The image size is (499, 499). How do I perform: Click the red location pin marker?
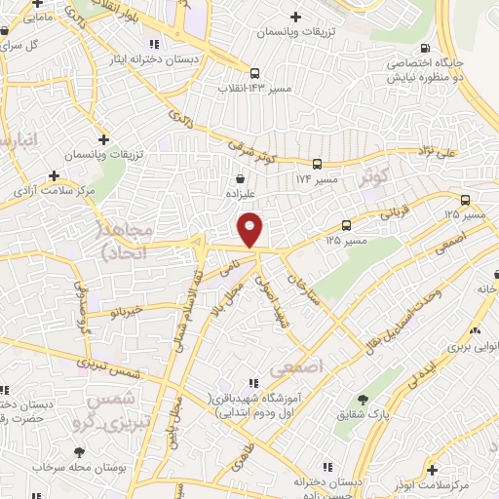pos(250,229)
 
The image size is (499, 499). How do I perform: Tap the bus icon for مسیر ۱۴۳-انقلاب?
pos(254,73)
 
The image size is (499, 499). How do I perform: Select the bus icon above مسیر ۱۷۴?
pos(318,164)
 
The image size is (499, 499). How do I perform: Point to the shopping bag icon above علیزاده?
pos(241,178)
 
